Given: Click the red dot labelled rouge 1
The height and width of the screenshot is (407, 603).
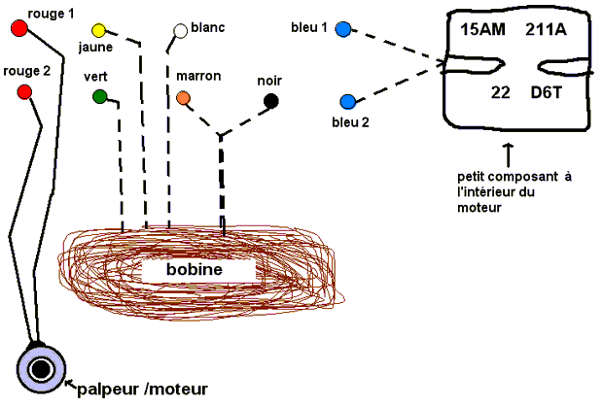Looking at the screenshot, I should click(x=18, y=29).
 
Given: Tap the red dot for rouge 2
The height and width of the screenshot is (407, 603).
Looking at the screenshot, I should click(x=25, y=92).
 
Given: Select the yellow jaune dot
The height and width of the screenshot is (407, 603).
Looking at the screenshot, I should click(x=98, y=31).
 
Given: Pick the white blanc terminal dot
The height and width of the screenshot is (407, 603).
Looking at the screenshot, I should click(x=180, y=31).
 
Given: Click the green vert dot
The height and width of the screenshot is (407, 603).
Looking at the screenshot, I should click(x=99, y=96).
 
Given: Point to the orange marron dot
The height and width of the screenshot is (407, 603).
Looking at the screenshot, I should click(x=184, y=97).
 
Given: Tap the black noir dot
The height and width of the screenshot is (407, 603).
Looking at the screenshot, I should click(x=271, y=101).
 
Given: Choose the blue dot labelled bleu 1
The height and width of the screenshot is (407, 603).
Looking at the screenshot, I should click(x=342, y=30).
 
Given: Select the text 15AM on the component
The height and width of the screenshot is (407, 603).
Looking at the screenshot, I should click(x=482, y=30).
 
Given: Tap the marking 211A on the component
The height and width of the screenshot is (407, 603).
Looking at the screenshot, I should click(x=546, y=30).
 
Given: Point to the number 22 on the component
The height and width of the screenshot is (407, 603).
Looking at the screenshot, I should click(x=502, y=92).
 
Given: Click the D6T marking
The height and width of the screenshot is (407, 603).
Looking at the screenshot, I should click(x=547, y=92).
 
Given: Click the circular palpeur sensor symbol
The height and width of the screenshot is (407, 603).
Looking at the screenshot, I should click(x=42, y=369).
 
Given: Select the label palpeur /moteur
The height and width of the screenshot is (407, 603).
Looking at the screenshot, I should click(x=142, y=390).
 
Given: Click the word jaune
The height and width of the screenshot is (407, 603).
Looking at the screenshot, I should click(x=94, y=46).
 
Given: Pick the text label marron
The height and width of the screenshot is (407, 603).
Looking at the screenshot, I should click(x=198, y=75).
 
